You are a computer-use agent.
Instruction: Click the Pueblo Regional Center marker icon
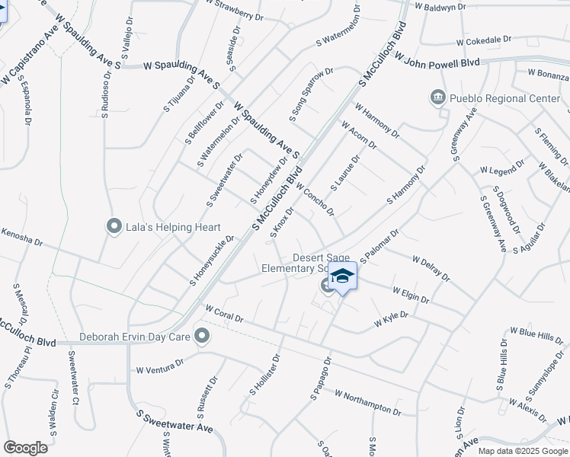click(x=437, y=98)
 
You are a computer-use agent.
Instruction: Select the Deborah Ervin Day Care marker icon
click(x=202, y=336)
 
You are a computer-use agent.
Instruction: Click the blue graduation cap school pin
click(x=342, y=278)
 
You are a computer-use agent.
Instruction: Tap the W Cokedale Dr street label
click(x=484, y=40)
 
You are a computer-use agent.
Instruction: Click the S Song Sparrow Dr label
click(x=311, y=94)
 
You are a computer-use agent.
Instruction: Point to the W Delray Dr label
click(x=431, y=270)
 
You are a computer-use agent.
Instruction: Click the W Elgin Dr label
click(x=412, y=294)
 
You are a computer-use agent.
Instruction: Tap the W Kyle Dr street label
click(x=391, y=319)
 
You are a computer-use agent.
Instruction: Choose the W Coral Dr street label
click(x=224, y=313)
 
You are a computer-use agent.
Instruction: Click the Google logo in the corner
click(x=25, y=447)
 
